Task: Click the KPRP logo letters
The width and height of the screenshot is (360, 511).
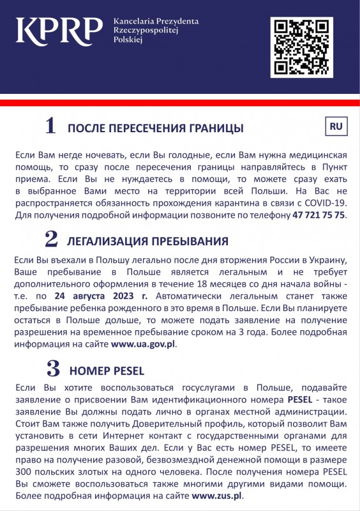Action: pyautogui.click(x=59, y=29)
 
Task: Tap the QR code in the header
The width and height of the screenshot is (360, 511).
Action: pyautogui.click(x=301, y=47)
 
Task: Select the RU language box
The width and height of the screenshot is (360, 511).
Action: pyautogui.click(x=336, y=127)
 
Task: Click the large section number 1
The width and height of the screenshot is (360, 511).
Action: pyautogui.click(x=50, y=126)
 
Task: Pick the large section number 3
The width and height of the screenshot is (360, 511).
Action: pyautogui.click(x=54, y=369)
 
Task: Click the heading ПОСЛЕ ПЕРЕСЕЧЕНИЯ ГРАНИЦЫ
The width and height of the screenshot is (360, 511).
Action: pyautogui.click(x=155, y=128)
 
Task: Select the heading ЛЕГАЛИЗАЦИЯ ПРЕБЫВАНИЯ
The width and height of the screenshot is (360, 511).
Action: pyautogui.click(x=147, y=241)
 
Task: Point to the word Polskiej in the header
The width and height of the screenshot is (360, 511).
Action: pyautogui.click(x=127, y=40)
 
